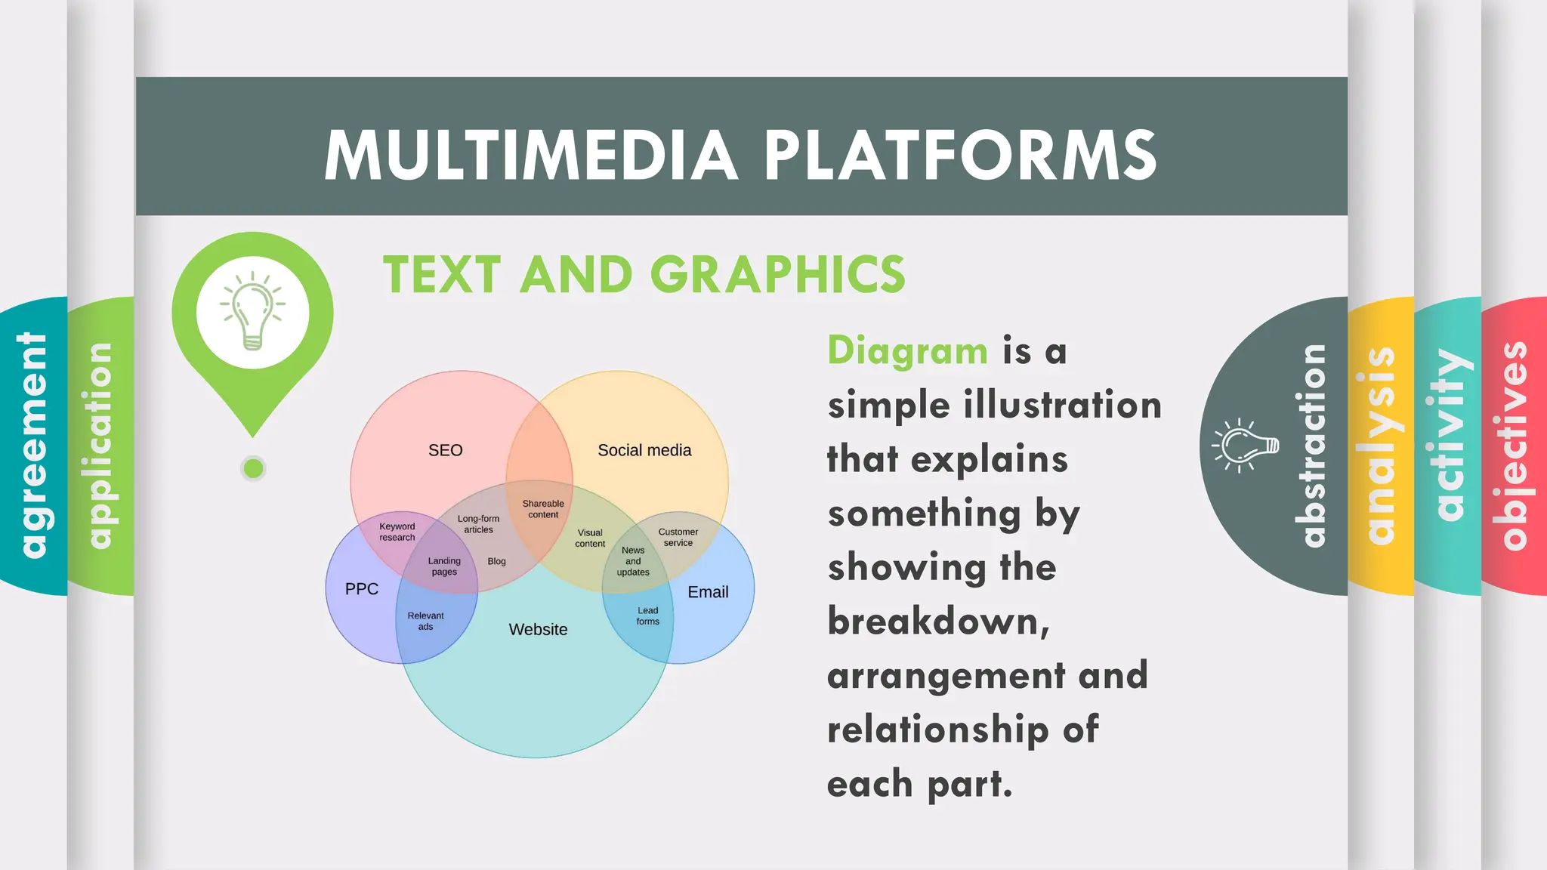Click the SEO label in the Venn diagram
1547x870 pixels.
pos(445,450)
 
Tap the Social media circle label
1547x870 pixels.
pos(644,450)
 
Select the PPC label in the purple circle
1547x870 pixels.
pos(361,589)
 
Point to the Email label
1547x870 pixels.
pos(708,592)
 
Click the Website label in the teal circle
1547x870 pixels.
pos(538,629)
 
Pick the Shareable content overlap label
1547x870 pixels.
pos(543,509)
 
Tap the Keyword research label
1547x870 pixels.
pos(397,532)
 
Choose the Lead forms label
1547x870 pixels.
pos(647,615)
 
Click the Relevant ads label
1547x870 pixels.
pos(425,621)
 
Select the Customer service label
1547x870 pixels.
pos(678,537)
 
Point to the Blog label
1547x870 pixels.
pos(496,561)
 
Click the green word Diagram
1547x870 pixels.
pos(907,351)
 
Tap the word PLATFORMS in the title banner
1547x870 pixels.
pos(960,155)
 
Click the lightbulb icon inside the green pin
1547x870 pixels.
pos(252,311)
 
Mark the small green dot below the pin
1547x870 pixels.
pos(254,468)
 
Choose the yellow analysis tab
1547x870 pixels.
pos(1381,446)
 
